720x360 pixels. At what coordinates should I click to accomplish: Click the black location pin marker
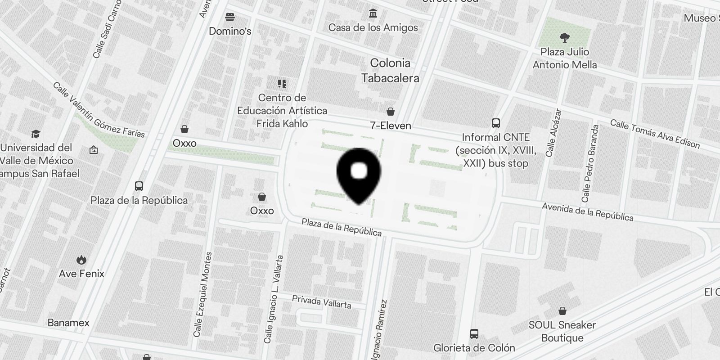click(359, 174)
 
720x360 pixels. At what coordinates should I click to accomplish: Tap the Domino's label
click(230, 31)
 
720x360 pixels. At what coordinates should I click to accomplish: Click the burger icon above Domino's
click(230, 17)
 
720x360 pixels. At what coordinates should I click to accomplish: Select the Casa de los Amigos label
click(373, 27)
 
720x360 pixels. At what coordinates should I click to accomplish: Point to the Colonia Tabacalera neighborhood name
click(390, 70)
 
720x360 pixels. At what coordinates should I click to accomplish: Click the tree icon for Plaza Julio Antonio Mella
click(564, 37)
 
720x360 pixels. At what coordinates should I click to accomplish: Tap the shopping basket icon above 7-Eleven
click(391, 111)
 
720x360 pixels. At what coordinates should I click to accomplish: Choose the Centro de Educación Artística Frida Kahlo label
click(282, 111)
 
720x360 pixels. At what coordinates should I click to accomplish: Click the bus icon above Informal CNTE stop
click(495, 123)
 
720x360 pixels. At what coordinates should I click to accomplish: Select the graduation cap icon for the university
click(36, 134)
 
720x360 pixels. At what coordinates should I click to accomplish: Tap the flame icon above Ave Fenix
click(81, 260)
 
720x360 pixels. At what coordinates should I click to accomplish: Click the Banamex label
click(68, 323)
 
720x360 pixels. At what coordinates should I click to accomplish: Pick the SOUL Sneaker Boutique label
click(562, 331)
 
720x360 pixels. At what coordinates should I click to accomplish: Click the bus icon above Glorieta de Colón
click(474, 333)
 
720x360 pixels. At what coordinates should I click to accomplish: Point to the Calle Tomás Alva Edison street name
click(655, 134)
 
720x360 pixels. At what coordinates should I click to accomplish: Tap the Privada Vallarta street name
click(321, 301)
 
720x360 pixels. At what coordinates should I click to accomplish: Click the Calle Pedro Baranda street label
click(591, 163)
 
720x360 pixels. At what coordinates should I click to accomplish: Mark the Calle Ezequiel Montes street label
click(202, 295)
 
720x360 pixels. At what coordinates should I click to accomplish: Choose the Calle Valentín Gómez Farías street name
click(99, 110)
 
